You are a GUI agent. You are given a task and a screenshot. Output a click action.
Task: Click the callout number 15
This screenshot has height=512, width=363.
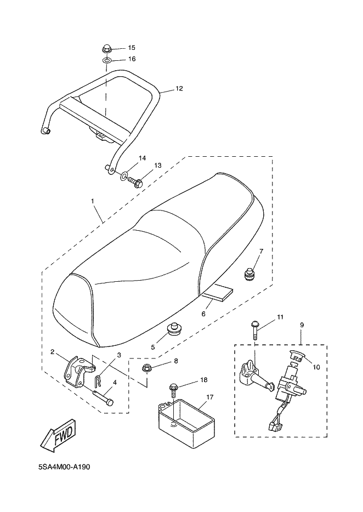click(132, 48)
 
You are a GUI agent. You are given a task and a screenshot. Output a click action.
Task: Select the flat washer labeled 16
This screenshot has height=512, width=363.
click(107, 59)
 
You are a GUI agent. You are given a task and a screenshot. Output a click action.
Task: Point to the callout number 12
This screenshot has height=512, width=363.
click(179, 88)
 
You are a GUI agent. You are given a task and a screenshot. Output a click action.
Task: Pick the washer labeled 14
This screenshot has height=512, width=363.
click(124, 175)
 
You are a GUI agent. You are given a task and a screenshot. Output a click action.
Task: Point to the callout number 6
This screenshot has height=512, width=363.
click(203, 314)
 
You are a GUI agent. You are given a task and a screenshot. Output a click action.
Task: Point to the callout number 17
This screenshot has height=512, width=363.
click(209, 396)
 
